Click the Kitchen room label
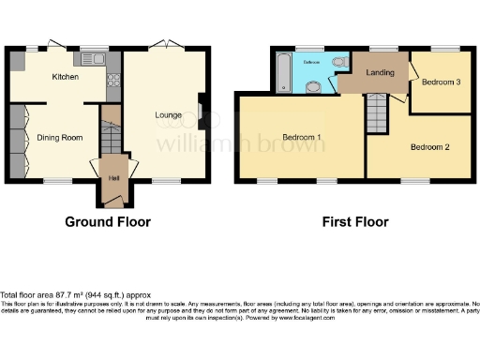point(65,77)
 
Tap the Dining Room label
point(60,137)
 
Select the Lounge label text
point(168,115)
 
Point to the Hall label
point(112,177)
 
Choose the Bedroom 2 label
point(428,147)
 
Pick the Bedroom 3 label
point(440,82)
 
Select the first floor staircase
point(376,113)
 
